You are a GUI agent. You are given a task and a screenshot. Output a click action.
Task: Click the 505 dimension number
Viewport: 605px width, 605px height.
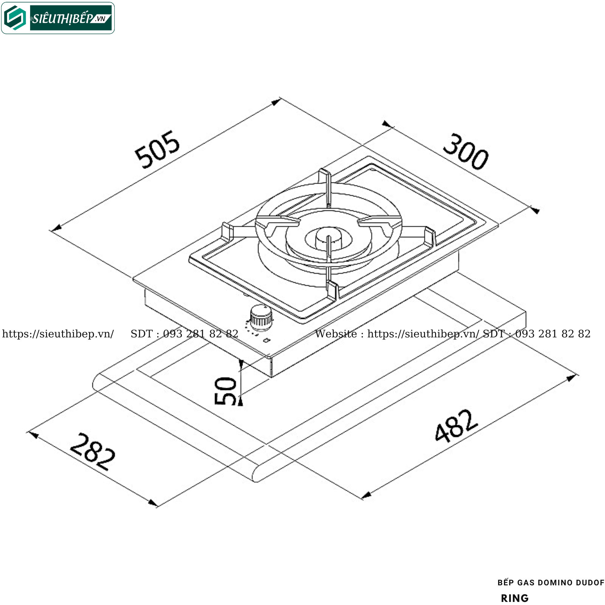tap(157, 149)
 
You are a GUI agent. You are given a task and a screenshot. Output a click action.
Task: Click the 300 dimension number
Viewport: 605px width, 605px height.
tap(466, 152)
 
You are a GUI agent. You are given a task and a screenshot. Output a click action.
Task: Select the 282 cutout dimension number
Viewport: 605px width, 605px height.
tap(92, 452)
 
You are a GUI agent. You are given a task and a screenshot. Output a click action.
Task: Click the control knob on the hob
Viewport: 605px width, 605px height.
tap(261, 317)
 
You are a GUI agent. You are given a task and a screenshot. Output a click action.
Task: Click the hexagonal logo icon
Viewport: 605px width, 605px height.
tap(15, 18)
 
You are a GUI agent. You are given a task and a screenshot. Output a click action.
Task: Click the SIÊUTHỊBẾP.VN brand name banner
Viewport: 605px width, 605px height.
tap(71, 18)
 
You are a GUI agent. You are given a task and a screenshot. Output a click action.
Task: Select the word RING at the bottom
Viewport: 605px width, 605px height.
tap(515, 599)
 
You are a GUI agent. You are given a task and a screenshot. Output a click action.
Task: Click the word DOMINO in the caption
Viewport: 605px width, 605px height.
tap(555, 583)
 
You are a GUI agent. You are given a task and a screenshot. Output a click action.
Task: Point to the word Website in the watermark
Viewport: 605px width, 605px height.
tap(336, 334)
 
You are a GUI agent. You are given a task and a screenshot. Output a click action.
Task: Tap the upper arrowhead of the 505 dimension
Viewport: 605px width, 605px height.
tap(276, 102)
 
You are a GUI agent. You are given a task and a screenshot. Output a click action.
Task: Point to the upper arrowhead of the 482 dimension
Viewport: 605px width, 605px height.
tap(572, 378)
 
